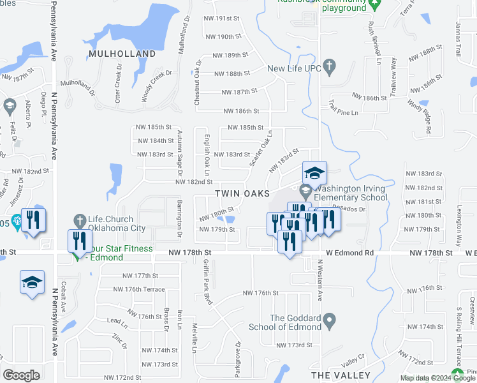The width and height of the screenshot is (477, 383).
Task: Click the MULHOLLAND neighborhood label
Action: pyautogui.click(x=122, y=54)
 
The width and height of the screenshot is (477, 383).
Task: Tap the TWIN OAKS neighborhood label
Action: pyautogui.click(x=242, y=193)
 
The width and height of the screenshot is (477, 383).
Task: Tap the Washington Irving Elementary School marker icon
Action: pyautogui.click(x=306, y=190)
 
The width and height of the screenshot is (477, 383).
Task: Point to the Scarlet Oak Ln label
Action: pyautogui.click(x=261, y=148)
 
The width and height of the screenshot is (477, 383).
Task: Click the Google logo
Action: pyautogui.click(x=21, y=375)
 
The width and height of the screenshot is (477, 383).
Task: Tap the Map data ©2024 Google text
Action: pyautogui.click(x=437, y=378)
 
